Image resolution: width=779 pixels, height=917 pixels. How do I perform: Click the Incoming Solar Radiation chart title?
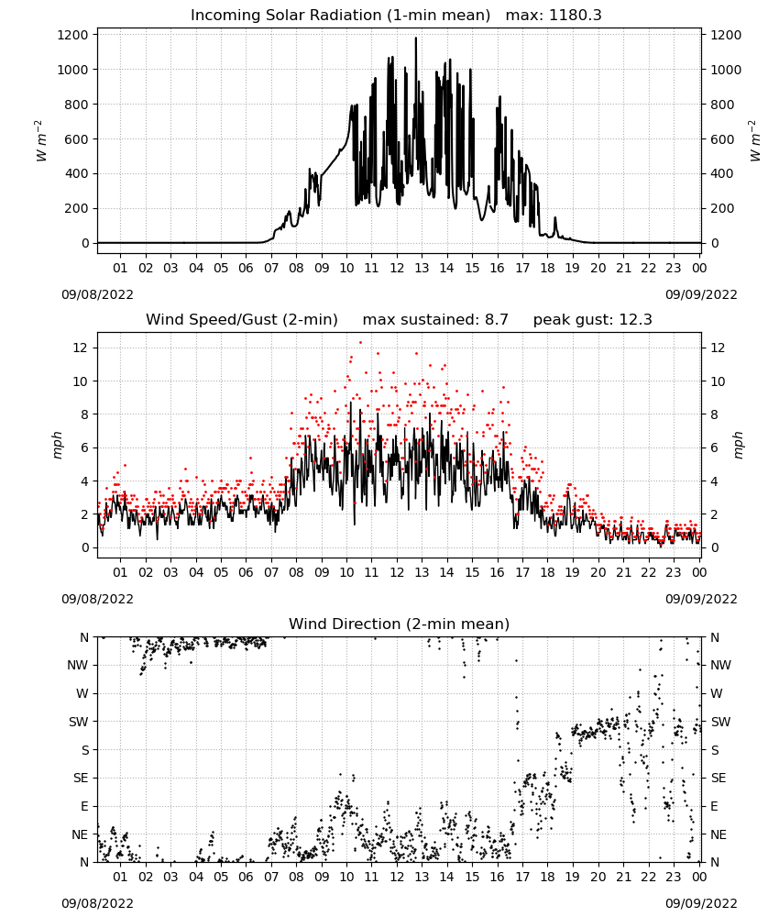pos(340,16)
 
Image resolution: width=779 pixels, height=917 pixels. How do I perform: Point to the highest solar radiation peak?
pos(415,39)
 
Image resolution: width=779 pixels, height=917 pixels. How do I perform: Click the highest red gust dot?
pos(360,342)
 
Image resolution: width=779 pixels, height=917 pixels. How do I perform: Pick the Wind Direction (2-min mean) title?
pos(400,624)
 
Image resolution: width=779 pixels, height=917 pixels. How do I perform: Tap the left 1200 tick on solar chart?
pos(72,35)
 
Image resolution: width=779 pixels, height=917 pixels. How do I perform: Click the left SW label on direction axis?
pos(78,722)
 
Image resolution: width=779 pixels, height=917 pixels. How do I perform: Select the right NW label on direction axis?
pos(720,665)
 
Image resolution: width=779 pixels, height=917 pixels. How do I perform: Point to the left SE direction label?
pos(81,778)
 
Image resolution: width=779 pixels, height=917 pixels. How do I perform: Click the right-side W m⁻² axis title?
pos(754,140)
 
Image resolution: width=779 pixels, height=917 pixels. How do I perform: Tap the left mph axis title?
pos(57,445)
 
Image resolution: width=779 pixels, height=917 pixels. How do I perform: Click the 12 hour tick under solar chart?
pos(397,268)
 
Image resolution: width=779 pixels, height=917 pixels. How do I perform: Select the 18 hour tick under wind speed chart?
pos(547,572)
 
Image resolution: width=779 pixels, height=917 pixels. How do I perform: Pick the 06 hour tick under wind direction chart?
pos(246,877)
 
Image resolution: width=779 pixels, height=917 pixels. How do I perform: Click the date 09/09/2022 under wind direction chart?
pos(701,903)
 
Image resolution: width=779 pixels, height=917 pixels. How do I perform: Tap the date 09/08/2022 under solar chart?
pos(97,294)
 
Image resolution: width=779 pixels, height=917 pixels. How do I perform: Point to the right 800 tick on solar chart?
pos(722,105)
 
